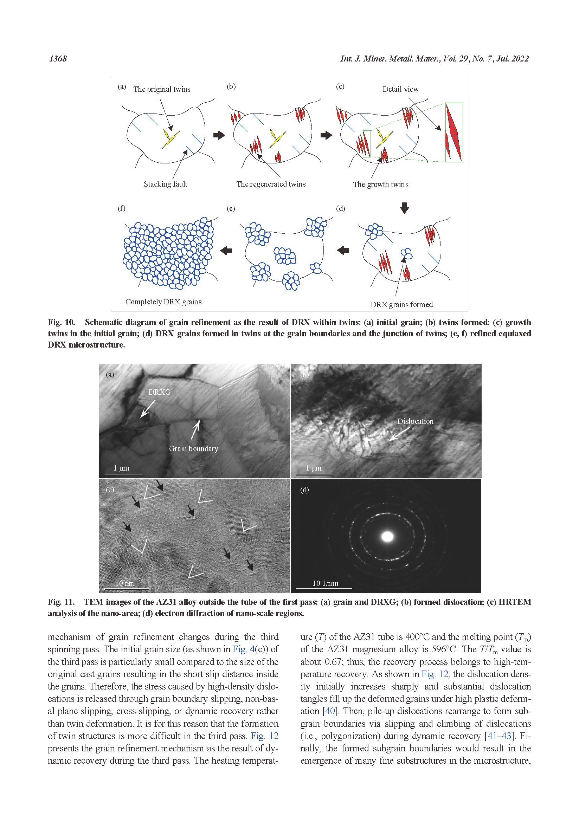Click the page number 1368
coord(58,59)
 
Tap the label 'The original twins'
coord(161,89)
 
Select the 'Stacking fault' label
coord(165,184)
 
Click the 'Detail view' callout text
coord(400,89)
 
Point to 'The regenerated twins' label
coord(271,184)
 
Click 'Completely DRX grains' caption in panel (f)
coord(163,302)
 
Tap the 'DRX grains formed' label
coord(401,305)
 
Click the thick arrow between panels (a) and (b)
coord(219,135)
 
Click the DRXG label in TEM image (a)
coord(159,392)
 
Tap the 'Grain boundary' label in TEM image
coord(193,448)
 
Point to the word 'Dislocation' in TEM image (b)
coord(415,421)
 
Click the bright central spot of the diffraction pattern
coord(387,537)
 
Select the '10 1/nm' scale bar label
coord(325,583)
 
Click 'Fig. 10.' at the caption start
coord(61,322)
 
